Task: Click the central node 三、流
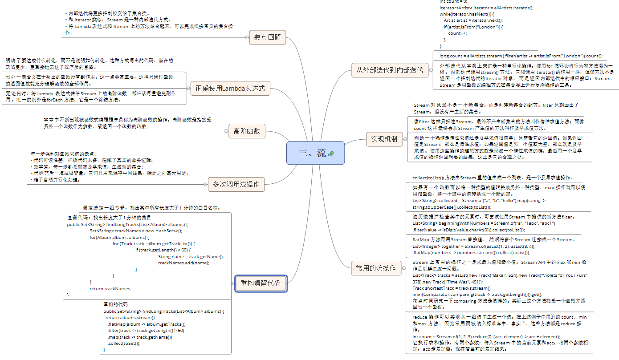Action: (x=312, y=153)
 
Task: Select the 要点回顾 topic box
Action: (x=267, y=37)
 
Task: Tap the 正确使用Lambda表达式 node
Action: (x=230, y=88)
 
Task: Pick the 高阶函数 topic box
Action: (x=247, y=131)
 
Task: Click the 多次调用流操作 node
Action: (x=236, y=184)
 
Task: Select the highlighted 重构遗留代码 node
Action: (x=261, y=283)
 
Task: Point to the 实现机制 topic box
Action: (x=384, y=139)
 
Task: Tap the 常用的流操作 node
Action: (x=375, y=268)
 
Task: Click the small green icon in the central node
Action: (x=331, y=154)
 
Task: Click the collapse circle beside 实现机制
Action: (x=405, y=139)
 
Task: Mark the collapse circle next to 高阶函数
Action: (x=226, y=131)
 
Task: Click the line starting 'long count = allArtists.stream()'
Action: (x=521, y=56)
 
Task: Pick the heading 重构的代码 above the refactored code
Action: (x=115, y=304)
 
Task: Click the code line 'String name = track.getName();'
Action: (x=191, y=256)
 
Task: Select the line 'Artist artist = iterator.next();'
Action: (x=473, y=20)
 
